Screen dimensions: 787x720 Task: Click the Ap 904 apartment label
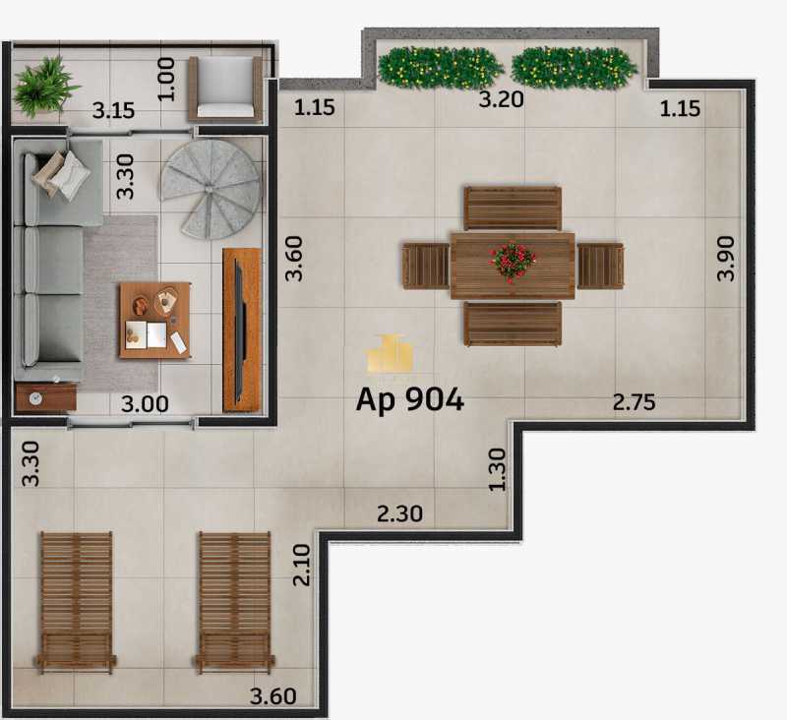(x=409, y=400)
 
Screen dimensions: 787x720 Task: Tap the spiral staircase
(x=211, y=189)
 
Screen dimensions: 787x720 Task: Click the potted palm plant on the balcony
(x=44, y=87)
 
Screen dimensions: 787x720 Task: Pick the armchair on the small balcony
(x=225, y=89)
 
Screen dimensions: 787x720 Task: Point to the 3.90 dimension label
(x=726, y=259)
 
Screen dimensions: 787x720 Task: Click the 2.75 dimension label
(x=634, y=402)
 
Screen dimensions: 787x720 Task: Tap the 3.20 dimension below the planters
(x=501, y=99)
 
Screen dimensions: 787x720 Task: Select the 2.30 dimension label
(x=399, y=513)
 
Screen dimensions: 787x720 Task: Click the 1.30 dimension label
(x=498, y=469)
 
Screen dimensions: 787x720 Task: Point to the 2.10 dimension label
(x=302, y=565)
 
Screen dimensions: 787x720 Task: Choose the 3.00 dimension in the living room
(x=145, y=404)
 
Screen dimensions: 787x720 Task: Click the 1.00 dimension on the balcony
(x=166, y=79)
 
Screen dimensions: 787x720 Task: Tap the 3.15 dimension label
(x=113, y=110)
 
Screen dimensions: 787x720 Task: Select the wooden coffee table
(x=155, y=320)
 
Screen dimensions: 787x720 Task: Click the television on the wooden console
(x=240, y=330)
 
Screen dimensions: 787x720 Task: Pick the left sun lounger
(x=76, y=602)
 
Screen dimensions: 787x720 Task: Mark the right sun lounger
(x=234, y=602)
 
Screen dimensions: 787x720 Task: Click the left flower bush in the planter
(x=440, y=68)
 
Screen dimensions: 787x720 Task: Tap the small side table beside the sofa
(x=45, y=397)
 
